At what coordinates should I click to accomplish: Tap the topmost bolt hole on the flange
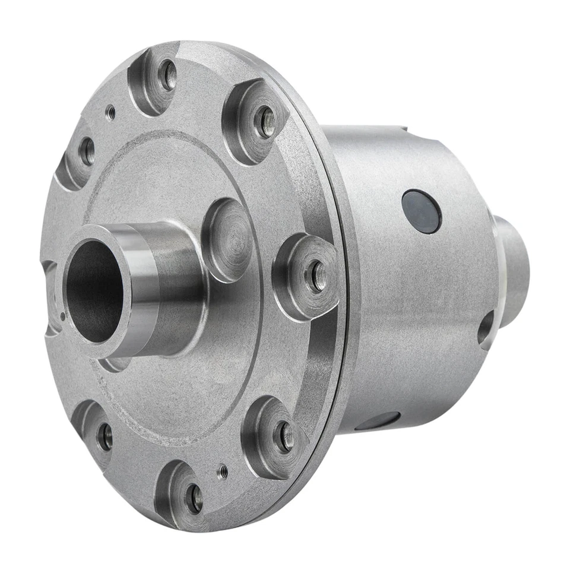pyautogui.click(x=169, y=75)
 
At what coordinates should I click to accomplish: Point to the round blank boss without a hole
pyautogui.click(x=229, y=240)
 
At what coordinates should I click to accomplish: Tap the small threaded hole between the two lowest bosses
pyautogui.click(x=223, y=471)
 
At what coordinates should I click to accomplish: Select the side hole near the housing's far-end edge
pyautogui.click(x=486, y=328)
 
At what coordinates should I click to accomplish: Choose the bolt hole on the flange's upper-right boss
pyautogui.click(x=265, y=121)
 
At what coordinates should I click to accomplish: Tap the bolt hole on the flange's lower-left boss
pyautogui.click(x=105, y=436)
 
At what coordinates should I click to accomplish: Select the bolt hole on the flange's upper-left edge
pyautogui.click(x=87, y=151)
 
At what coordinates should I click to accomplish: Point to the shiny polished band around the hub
pyautogui.click(x=145, y=291)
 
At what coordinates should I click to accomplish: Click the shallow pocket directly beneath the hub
pyautogui.click(x=113, y=363)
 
